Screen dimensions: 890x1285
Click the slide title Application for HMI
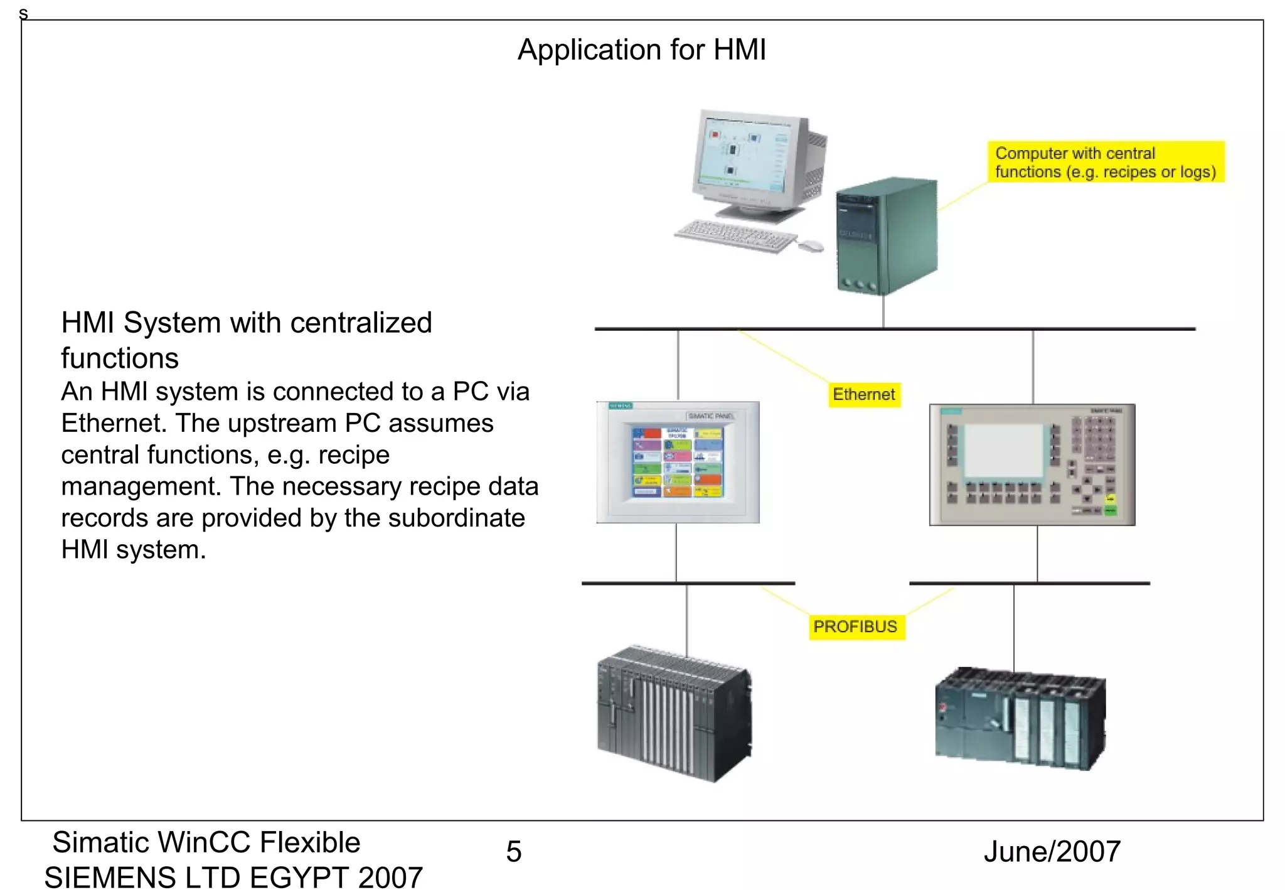coord(641,50)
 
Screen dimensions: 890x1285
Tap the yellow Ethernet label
coord(863,395)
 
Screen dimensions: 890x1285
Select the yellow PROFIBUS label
coord(855,626)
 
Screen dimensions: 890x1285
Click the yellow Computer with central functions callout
coord(1105,162)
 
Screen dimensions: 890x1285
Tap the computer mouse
coord(810,245)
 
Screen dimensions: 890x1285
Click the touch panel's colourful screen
coord(677,463)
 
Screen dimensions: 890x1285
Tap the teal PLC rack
coord(1020,719)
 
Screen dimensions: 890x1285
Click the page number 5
coord(514,852)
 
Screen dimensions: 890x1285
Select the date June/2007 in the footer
coord(1052,852)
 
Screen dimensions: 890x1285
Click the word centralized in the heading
coord(361,323)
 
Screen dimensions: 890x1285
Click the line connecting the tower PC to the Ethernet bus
coord(883,311)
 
